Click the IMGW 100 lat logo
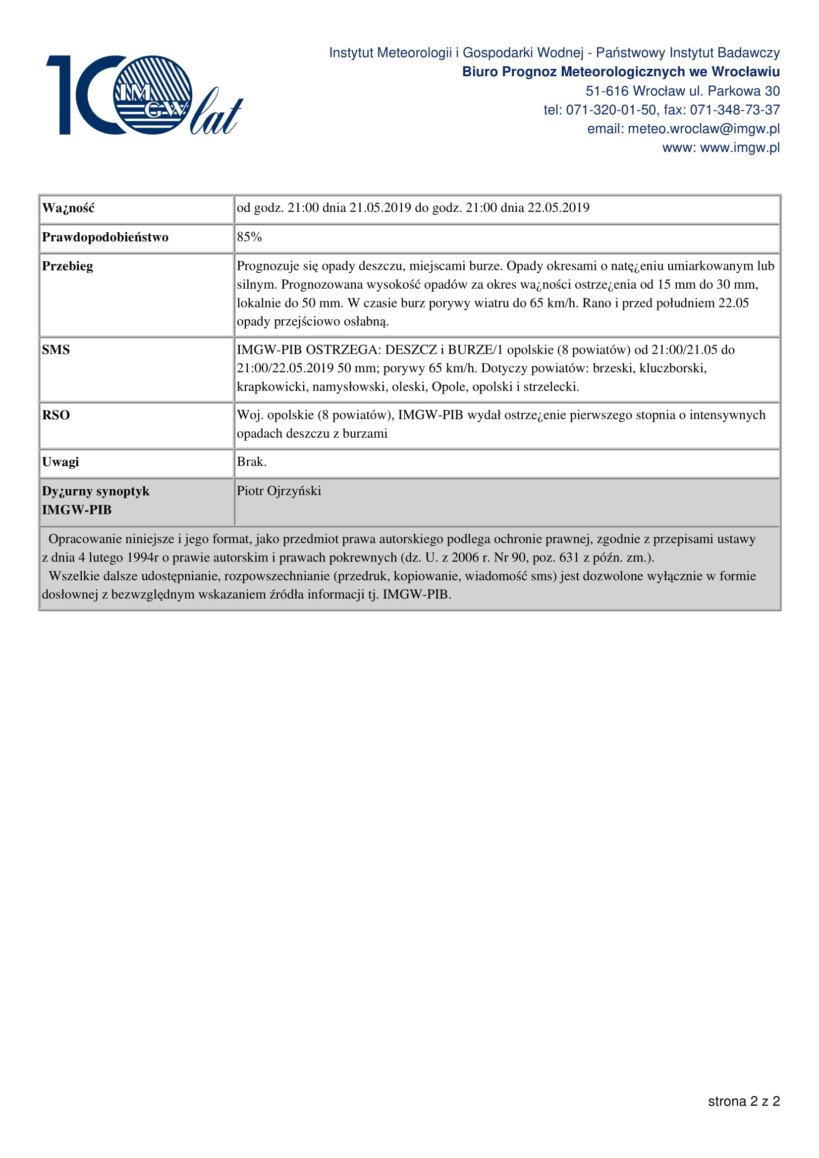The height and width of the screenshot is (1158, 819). pyautogui.click(x=144, y=96)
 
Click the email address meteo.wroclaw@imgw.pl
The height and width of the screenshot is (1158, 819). pyautogui.click(x=704, y=129)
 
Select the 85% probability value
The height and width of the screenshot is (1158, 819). pyautogui.click(x=249, y=237)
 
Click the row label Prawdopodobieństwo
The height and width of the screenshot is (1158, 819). pyautogui.click(x=105, y=238)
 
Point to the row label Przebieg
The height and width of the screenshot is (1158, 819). pyautogui.click(x=67, y=266)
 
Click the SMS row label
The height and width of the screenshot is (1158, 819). pyautogui.click(x=56, y=350)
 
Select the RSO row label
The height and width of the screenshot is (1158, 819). pyautogui.click(x=56, y=415)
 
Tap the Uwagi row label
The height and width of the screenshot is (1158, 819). pyautogui.click(x=60, y=462)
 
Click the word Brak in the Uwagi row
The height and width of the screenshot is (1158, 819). pyautogui.click(x=251, y=462)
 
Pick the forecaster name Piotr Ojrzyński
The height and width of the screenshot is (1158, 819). pyautogui.click(x=279, y=491)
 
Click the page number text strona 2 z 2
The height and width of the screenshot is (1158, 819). pyautogui.click(x=744, y=1115)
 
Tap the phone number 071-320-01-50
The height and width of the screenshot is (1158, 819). pyautogui.click(x=610, y=110)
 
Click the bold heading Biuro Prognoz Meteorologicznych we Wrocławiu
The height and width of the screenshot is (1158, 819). pyautogui.click(x=621, y=72)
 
